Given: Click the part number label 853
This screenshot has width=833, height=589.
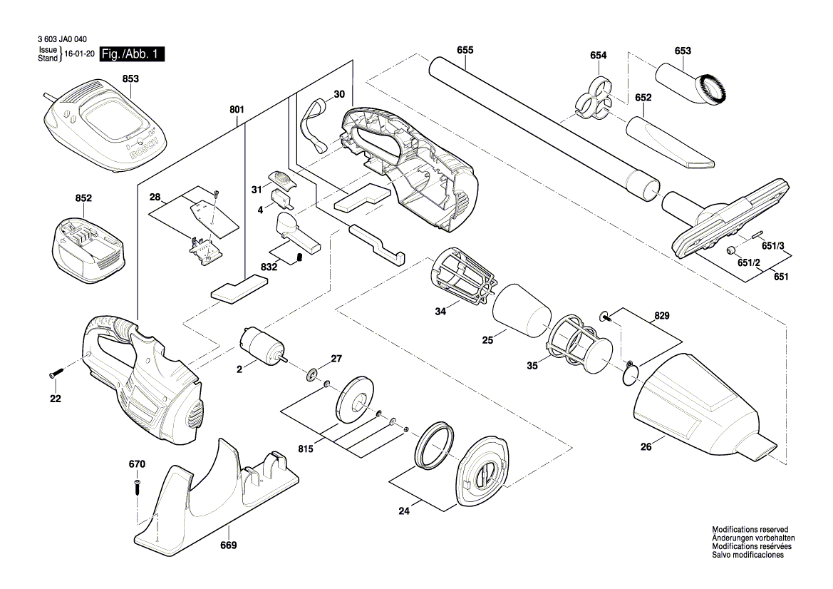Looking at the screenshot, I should (130, 79).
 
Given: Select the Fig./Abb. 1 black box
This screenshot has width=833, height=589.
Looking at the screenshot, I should (133, 54).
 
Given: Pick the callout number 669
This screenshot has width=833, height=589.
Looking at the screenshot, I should (228, 546).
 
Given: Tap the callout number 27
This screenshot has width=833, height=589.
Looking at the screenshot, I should (336, 359).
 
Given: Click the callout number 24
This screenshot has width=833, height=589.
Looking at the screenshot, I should (404, 511).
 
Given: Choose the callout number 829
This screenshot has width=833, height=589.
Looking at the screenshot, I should (662, 314).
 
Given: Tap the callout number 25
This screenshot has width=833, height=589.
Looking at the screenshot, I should (487, 341).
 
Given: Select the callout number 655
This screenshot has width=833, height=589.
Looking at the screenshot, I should (465, 50).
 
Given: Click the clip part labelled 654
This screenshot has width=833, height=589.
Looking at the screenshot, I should (594, 98).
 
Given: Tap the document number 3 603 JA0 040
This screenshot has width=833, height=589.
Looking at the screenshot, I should (65, 41).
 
